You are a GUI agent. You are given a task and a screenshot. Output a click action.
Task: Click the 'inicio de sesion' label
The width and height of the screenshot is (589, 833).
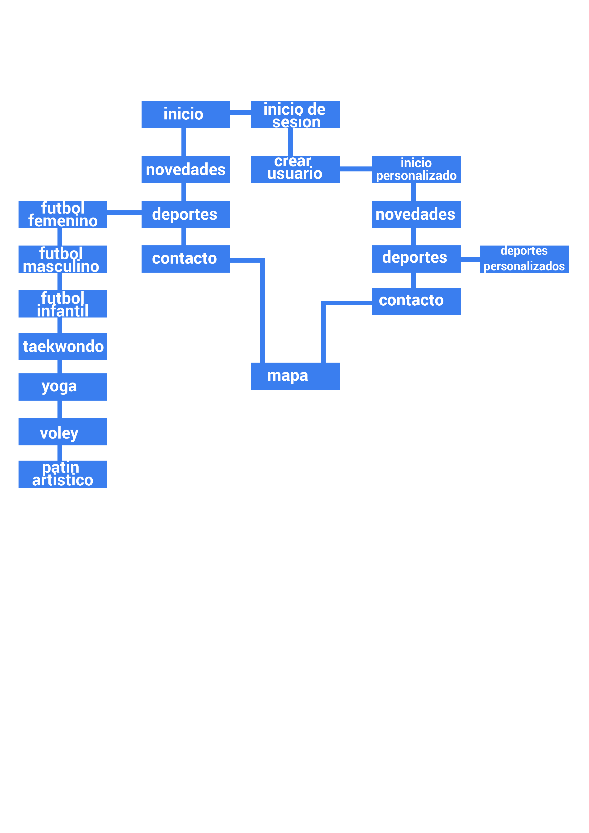(x=295, y=116)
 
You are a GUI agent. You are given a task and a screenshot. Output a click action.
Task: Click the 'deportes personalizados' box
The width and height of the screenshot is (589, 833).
(x=524, y=259)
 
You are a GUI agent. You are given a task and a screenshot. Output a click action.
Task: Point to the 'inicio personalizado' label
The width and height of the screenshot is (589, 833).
(x=416, y=169)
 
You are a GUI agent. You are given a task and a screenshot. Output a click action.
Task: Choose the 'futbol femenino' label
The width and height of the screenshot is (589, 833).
(x=63, y=214)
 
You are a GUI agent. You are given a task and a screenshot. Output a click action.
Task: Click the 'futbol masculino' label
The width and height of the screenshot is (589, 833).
(x=61, y=260)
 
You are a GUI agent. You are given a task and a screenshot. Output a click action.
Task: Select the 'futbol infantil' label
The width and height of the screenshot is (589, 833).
(x=62, y=304)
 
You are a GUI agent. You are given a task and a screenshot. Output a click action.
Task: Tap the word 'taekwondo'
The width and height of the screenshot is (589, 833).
(x=63, y=346)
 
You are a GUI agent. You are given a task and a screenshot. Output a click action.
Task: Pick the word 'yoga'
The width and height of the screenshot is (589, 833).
(x=59, y=386)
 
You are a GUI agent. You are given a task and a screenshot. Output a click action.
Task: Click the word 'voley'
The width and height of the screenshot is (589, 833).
(x=59, y=433)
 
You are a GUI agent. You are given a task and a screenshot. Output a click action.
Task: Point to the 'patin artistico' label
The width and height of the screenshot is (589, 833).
(x=62, y=473)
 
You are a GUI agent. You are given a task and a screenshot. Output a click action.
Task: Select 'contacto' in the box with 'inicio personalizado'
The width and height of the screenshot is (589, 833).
(x=411, y=300)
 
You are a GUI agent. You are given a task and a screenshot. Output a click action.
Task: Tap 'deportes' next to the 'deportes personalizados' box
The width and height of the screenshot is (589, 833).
(x=414, y=257)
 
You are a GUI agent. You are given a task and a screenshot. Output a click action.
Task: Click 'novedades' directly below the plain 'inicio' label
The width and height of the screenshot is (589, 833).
(x=185, y=170)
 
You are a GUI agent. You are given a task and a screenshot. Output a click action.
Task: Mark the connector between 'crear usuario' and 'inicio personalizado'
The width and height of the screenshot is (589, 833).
(x=356, y=169)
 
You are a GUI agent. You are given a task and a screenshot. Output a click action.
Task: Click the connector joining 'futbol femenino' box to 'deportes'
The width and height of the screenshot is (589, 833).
(x=124, y=213)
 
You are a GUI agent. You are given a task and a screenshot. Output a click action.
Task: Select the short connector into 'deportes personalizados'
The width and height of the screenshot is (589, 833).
(x=470, y=259)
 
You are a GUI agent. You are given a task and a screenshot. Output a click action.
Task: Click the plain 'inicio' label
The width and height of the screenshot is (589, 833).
(x=183, y=114)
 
